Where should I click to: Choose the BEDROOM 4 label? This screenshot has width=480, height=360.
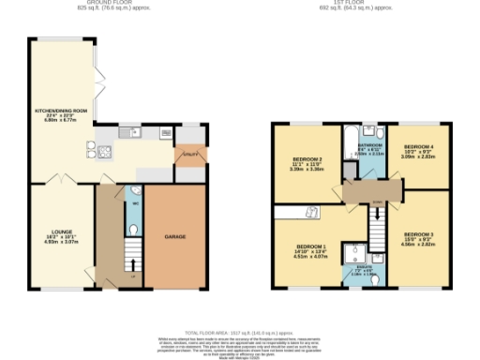click(x=418, y=151)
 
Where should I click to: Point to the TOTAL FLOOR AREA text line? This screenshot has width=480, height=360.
click(x=240, y=332)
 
